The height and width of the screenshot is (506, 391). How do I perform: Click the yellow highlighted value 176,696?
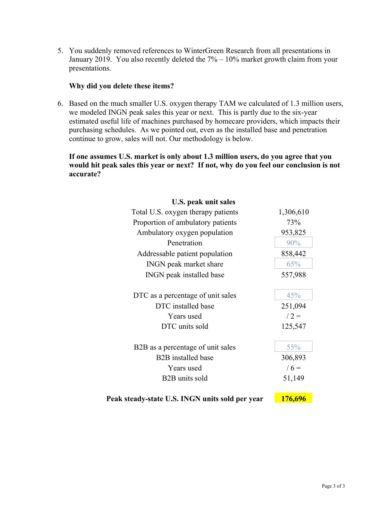click(293, 398)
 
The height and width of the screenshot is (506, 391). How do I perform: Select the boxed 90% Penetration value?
click(293, 243)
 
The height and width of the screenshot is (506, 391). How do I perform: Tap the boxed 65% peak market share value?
click(293, 264)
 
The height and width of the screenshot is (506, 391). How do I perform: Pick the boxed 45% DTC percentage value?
click(293, 295)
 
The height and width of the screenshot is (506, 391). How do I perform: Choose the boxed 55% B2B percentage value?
click(293, 347)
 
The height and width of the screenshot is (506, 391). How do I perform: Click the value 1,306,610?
click(293, 212)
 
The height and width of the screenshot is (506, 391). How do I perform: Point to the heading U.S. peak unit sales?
click(203, 202)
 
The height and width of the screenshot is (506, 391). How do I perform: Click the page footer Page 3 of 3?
click(333, 486)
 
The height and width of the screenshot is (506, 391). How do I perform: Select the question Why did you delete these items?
click(121, 86)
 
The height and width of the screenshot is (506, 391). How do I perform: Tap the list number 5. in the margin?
click(60, 51)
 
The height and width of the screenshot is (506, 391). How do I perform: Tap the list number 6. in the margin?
click(60, 103)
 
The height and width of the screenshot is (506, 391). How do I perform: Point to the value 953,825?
click(293, 232)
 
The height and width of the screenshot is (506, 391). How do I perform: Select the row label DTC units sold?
click(185, 326)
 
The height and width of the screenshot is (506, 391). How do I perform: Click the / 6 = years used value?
click(293, 368)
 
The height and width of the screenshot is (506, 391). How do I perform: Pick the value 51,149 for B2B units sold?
click(293, 378)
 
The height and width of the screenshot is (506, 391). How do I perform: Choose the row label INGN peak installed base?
click(185, 275)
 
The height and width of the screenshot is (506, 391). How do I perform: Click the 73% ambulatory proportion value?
click(293, 222)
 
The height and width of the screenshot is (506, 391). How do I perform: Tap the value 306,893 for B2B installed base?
click(293, 358)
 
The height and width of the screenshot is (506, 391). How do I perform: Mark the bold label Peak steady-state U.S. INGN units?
click(185, 399)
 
